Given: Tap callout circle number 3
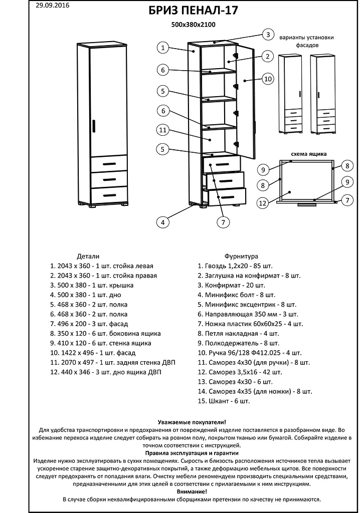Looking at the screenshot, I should click(268, 35).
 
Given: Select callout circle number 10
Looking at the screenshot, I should click(268, 79).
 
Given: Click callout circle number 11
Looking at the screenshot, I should click(162, 130).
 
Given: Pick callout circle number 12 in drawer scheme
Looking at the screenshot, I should click(262, 203).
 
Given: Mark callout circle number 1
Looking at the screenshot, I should click(162, 48).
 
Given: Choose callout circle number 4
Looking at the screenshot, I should click(162, 222).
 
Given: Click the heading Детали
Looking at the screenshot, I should click(88, 255).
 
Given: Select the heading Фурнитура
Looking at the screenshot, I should click(241, 255).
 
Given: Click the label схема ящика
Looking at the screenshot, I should click(308, 154).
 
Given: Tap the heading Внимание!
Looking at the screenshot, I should click(192, 491).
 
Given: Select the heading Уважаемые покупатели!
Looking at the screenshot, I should click(192, 422).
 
